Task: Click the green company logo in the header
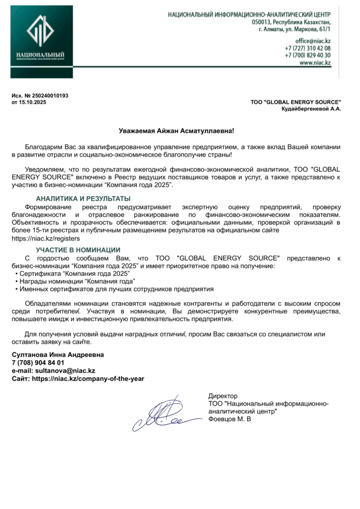coord(41,43)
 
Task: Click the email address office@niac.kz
coord(313,40)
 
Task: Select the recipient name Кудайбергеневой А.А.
coord(311,108)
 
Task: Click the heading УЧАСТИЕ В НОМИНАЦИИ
coord(78,250)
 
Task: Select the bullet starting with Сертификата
coord(75,274)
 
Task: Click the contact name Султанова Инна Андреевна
coord(58,355)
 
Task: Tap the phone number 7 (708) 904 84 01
coord(38,363)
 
